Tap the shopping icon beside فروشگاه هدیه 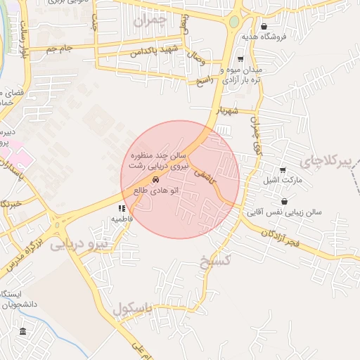(x=264, y=27)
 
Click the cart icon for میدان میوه (x=241, y=59)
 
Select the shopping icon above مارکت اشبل (x=283, y=169)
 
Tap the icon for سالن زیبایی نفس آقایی (x=283, y=202)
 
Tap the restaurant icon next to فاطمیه (x=122, y=209)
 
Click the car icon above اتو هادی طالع (x=155, y=179)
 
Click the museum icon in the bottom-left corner (x=22, y=331)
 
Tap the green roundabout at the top (x=233, y=22)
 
